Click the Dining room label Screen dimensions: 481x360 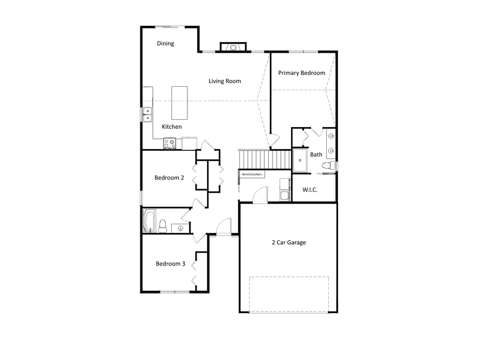coord(165,43)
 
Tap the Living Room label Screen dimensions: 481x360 coord(225,81)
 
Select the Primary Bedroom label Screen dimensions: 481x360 coord(301,73)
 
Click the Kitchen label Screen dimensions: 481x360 coord(172,127)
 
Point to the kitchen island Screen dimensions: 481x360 coord(180,103)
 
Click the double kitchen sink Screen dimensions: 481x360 coord(147,115)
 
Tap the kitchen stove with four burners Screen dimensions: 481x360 coord(170,143)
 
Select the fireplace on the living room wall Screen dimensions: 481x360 coord(233,47)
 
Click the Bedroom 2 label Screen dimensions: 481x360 coord(169,178)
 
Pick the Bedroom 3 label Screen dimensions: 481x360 coord(170,263)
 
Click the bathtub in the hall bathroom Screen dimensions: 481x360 coord(149,221)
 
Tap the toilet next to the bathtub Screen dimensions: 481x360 coord(162,226)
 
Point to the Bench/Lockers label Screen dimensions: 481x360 coord(252,175)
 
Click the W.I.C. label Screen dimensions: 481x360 coord(310,190)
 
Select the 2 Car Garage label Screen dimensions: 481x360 coord(288,242)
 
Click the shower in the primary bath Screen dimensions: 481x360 coord(300,160)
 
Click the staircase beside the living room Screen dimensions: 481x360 coord(265,159)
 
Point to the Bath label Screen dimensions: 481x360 coord(316,154)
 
